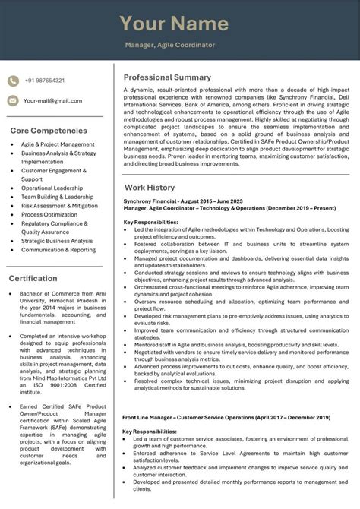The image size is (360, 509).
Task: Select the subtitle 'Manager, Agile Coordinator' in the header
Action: (169, 45)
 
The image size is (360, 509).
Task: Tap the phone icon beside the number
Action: (13, 81)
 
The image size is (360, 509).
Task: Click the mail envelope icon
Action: (13, 100)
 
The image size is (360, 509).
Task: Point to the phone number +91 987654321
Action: (44, 81)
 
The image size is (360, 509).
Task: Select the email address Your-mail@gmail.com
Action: (52, 100)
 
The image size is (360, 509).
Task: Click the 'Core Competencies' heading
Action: (49, 131)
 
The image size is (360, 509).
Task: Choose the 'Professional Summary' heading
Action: (167, 77)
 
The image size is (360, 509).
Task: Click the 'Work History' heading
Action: (150, 187)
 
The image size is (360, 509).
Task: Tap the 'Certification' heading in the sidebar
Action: (33, 278)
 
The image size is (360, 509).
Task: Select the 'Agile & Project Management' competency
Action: (58, 144)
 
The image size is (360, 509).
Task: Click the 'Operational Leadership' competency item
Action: (52, 188)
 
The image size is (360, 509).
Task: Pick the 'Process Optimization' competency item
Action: (49, 214)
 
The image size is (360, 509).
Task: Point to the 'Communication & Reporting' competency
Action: (58, 250)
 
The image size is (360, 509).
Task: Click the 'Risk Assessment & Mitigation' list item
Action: (59, 205)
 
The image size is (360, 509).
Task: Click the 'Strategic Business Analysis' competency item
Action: (57, 241)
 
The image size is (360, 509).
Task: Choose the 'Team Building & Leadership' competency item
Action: (57, 197)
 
